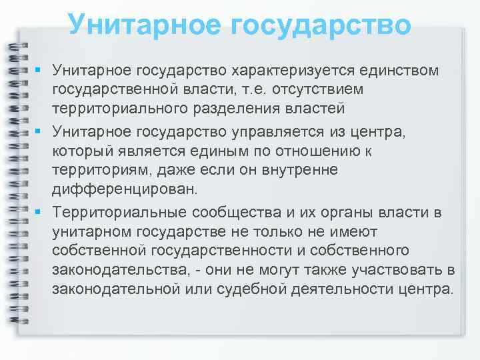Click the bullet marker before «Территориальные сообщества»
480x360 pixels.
point(41,211)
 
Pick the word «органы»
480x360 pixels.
point(340,213)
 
